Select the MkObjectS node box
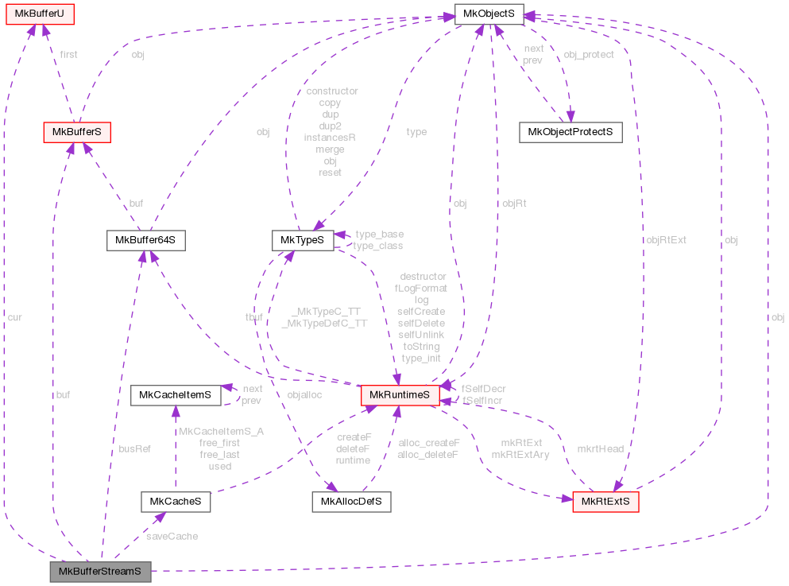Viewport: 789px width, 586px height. coord(488,13)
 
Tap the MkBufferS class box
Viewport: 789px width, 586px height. coord(75,132)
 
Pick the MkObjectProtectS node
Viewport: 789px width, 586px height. coord(570,132)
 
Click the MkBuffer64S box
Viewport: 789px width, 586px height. coord(145,239)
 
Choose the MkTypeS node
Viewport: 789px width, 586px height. coord(302,239)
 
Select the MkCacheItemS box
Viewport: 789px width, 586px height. coord(175,395)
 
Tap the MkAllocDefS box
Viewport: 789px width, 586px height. coord(350,502)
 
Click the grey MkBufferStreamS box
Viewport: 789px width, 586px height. coord(100,571)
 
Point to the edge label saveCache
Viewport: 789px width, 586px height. coord(172,536)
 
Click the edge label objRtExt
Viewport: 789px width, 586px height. coord(666,239)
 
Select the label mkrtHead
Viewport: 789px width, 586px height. coord(600,448)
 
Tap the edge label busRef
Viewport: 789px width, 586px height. coord(134,448)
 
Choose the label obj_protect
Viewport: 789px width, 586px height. coord(588,55)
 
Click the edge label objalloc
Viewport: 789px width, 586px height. coord(304,395)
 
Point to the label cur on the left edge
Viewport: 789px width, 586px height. coord(15,317)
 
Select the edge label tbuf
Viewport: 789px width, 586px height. coord(254,317)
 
